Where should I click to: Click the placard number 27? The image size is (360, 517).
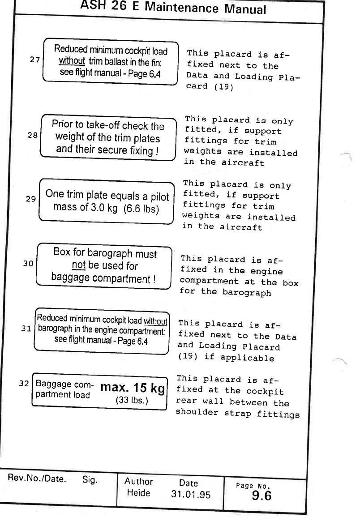click(x=35, y=60)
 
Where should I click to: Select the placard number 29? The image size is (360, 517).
click(x=30, y=199)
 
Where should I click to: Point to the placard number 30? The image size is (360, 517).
click(x=28, y=264)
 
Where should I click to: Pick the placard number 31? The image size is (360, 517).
click(x=26, y=329)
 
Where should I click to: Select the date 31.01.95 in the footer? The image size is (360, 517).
click(x=190, y=495)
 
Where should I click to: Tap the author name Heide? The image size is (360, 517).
click(x=138, y=493)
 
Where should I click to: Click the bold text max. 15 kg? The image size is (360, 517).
click(x=133, y=388)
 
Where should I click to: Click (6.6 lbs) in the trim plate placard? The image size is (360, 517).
click(x=141, y=209)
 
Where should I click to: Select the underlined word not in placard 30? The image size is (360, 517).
click(x=78, y=266)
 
